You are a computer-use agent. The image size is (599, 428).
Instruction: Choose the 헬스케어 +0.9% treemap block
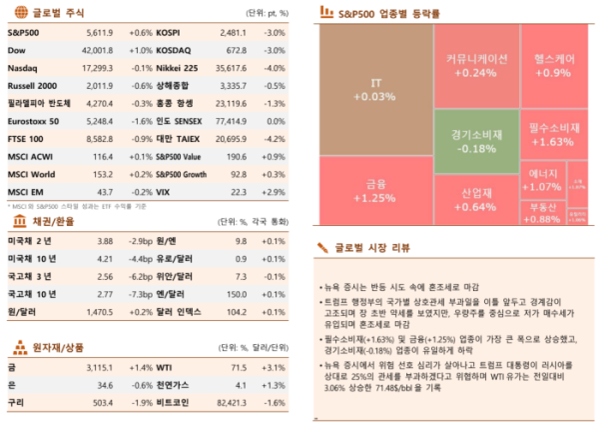(x=552, y=66)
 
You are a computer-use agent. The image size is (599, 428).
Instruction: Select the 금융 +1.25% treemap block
(x=375, y=190)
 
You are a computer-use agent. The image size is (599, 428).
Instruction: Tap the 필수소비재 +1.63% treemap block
(x=552, y=135)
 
